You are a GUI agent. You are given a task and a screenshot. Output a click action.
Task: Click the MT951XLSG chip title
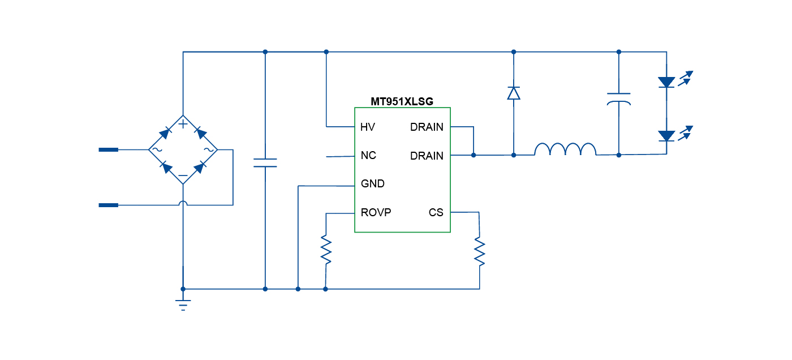[402, 102]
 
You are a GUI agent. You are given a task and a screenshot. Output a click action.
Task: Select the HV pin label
[368, 127]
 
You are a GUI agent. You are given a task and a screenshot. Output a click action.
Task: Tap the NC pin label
[368, 156]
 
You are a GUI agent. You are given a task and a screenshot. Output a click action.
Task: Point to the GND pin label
[373, 184]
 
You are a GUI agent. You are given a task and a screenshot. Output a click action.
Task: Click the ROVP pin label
[376, 213]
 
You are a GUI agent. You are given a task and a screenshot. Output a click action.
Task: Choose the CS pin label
[436, 213]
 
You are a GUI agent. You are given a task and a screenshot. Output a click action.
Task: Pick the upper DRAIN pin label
[427, 127]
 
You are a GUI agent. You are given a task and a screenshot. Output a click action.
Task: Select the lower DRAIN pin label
[427, 156]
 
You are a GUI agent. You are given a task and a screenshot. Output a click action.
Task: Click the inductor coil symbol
[565, 149]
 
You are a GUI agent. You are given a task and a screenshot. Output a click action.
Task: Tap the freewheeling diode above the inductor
[514, 93]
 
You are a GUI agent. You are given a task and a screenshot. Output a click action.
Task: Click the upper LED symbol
[668, 83]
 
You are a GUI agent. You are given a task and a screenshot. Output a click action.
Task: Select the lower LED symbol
[668, 136]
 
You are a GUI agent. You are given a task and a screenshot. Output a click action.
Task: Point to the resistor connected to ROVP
[326, 250]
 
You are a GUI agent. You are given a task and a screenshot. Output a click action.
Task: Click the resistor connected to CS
[480, 252]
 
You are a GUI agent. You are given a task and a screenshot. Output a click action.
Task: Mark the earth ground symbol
[183, 305]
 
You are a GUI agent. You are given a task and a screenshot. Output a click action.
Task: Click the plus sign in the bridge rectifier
[183, 123]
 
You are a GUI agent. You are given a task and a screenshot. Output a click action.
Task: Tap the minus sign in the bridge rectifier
[183, 176]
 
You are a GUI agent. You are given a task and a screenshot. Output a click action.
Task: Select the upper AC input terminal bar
[109, 150]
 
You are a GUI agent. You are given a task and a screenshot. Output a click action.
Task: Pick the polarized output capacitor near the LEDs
[618, 99]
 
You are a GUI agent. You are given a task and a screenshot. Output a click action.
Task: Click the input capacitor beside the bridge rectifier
[265, 163]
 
